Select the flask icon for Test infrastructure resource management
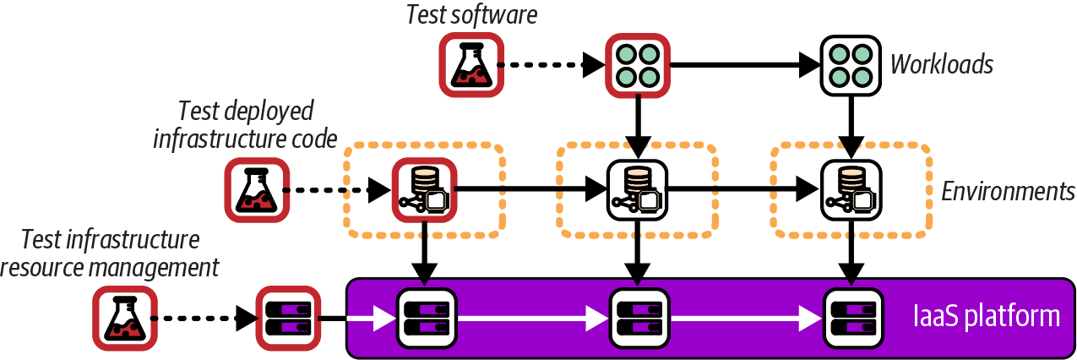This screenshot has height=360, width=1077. click(x=125, y=319)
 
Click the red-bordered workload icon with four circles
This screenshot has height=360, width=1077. click(x=638, y=64)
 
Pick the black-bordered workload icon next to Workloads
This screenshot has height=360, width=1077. click(x=851, y=64)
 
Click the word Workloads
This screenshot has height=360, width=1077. click(x=942, y=64)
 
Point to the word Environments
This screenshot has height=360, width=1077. click(x=1008, y=191)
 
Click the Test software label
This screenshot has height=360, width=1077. click(x=471, y=15)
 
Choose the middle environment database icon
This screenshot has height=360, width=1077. click(x=638, y=191)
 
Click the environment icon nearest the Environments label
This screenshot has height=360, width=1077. click(x=851, y=191)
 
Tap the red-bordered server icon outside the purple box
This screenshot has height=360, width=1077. click(x=287, y=319)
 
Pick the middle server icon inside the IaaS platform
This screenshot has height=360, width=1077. click(x=638, y=319)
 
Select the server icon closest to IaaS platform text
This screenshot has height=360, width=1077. click(x=851, y=319)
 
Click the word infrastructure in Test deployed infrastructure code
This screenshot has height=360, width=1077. click(x=208, y=138)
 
